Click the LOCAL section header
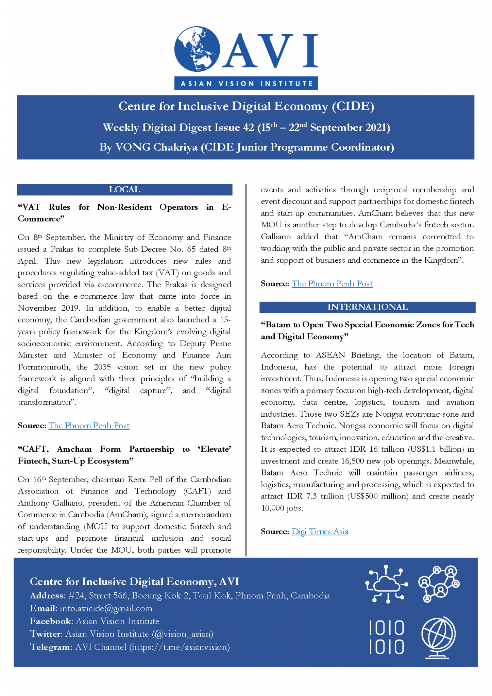pos(124,190)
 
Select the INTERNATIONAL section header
pos(367,307)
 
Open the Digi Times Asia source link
pos(320,532)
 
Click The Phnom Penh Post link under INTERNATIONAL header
pos(332,284)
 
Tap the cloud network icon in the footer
pos(386,584)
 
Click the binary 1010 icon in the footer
pos(387,638)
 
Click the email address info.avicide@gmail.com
pos(106,608)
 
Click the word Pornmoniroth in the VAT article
pos(45,367)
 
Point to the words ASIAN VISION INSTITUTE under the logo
pos(246,84)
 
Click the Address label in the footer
pos(47,596)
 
